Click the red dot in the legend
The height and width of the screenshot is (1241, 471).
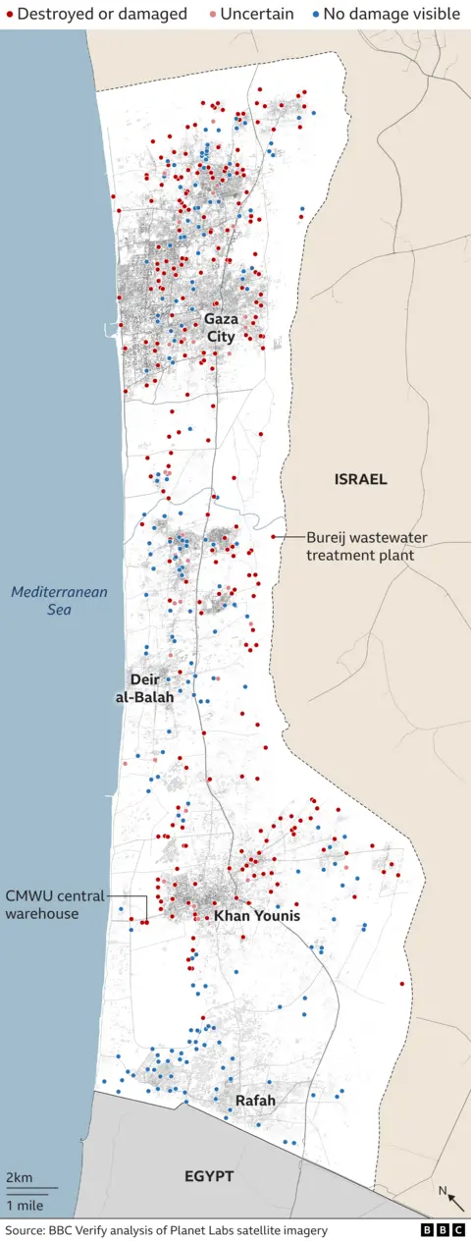click(x=9, y=14)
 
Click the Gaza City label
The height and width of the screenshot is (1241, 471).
click(x=221, y=328)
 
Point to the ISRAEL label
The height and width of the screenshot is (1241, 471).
click(x=360, y=480)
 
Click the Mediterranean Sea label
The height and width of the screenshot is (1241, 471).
click(x=59, y=601)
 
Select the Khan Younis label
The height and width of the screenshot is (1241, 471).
click(x=257, y=916)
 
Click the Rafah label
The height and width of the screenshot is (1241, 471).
click(x=255, y=1101)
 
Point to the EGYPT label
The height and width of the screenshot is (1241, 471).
click(x=209, y=1175)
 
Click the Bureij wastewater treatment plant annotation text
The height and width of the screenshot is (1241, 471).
click(x=359, y=546)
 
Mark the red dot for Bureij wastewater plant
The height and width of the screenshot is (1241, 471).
click(x=273, y=537)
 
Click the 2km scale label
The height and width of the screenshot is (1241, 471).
click(x=19, y=1177)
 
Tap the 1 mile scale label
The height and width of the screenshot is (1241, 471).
click(x=24, y=1204)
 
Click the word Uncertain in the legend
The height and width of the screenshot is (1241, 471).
click(x=257, y=14)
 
